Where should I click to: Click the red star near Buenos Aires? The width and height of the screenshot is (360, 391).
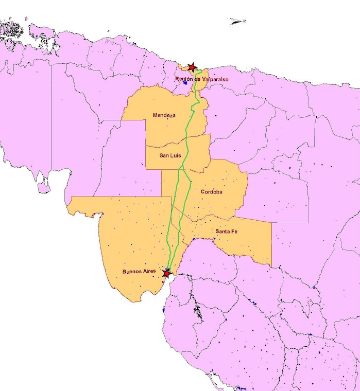click(x=166, y=273)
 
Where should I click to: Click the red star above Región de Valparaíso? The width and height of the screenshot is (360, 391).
click(x=192, y=67)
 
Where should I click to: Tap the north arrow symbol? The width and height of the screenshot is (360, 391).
click(x=237, y=21)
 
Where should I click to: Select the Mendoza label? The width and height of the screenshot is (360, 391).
click(x=164, y=115)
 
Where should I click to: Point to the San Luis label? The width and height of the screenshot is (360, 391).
click(x=170, y=155)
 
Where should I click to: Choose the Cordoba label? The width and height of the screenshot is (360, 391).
click(x=212, y=192)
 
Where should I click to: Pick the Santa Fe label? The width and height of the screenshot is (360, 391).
click(x=227, y=232)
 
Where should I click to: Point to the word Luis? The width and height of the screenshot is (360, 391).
click(x=176, y=155)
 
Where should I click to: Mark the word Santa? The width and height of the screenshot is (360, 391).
click(x=222, y=232)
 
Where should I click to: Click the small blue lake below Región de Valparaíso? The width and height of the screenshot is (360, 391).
click(x=184, y=83)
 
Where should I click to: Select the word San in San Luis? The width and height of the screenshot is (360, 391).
click(x=163, y=155)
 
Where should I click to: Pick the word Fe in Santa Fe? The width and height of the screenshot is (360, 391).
click(x=234, y=232)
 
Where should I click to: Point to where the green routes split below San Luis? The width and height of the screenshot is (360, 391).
click(x=181, y=168)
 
